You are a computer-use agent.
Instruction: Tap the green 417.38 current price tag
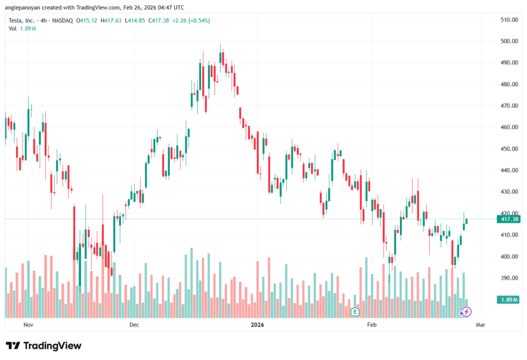(x=507, y=219)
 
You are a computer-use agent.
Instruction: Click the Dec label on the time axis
(x=134, y=325)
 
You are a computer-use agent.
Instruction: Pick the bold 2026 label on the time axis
(x=257, y=325)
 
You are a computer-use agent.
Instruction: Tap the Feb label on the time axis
(x=372, y=325)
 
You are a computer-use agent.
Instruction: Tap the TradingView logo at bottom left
(x=43, y=346)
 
